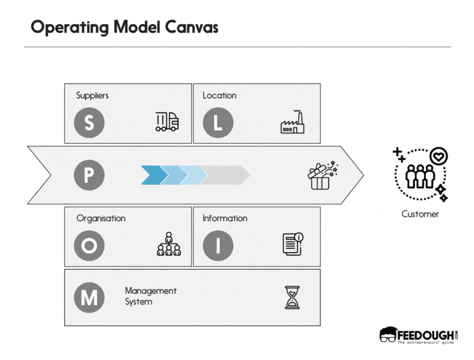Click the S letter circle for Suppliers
click(89, 122)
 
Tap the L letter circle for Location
click(217, 122)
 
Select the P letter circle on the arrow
click(89, 175)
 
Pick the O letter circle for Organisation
click(89, 246)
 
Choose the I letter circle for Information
click(217, 246)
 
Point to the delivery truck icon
click(167, 122)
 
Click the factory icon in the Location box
click(293, 122)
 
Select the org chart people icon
click(168, 245)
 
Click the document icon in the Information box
click(293, 245)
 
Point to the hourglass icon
click(291, 297)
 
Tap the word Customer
click(420, 214)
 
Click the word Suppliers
click(92, 96)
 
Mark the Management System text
click(150, 296)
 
